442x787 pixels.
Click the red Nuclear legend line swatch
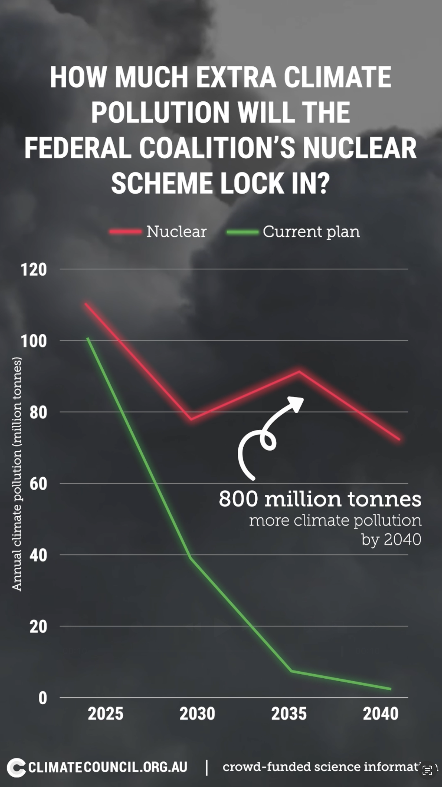pyautogui.click(x=125, y=232)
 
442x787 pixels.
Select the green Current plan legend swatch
pyautogui.click(x=242, y=232)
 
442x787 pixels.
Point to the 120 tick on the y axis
pyautogui.click(x=34, y=270)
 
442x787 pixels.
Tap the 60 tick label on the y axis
pyautogui.click(x=38, y=484)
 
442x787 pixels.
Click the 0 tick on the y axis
pyautogui.click(x=43, y=698)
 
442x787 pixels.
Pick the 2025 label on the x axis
pyautogui.click(x=106, y=714)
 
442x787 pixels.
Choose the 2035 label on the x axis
pyautogui.click(x=289, y=714)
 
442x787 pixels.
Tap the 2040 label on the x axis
pyautogui.click(x=380, y=714)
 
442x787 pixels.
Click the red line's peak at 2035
pyautogui.click(x=299, y=372)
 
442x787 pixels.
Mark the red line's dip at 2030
pyautogui.click(x=191, y=419)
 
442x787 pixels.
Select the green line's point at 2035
pyautogui.click(x=291, y=671)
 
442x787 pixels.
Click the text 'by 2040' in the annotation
pyautogui.click(x=391, y=539)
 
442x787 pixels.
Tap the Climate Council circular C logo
pyautogui.click(x=16, y=767)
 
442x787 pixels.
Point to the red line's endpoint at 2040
pyautogui.click(x=399, y=439)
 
